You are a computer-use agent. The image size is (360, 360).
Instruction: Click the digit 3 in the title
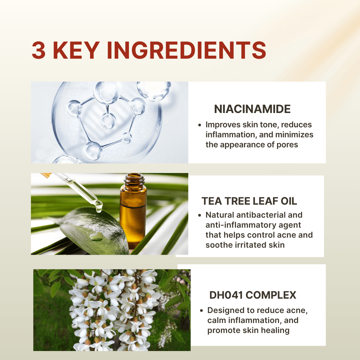click(x=39, y=50)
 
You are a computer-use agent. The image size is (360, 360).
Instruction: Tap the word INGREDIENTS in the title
click(x=187, y=50)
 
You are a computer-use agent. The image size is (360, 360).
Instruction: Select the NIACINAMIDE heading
click(x=252, y=109)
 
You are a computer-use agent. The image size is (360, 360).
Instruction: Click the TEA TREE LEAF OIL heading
click(x=249, y=201)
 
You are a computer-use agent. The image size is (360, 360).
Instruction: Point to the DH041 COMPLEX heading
click(x=253, y=295)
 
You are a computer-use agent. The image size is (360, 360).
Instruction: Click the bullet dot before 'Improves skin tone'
click(x=200, y=125)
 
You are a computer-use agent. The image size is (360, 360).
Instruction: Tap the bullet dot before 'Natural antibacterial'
click(x=200, y=215)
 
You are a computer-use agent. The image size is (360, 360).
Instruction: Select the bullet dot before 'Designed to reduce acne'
click(x=201, y=311)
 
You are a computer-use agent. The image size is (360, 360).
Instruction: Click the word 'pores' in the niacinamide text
click(x=287, y=145)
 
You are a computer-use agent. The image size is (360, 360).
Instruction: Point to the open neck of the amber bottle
click(x=134, y=176)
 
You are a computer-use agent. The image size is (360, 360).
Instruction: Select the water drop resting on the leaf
click(x=96, y=236)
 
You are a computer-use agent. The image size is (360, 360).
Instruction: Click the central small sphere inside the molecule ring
click(x=108, y=121)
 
